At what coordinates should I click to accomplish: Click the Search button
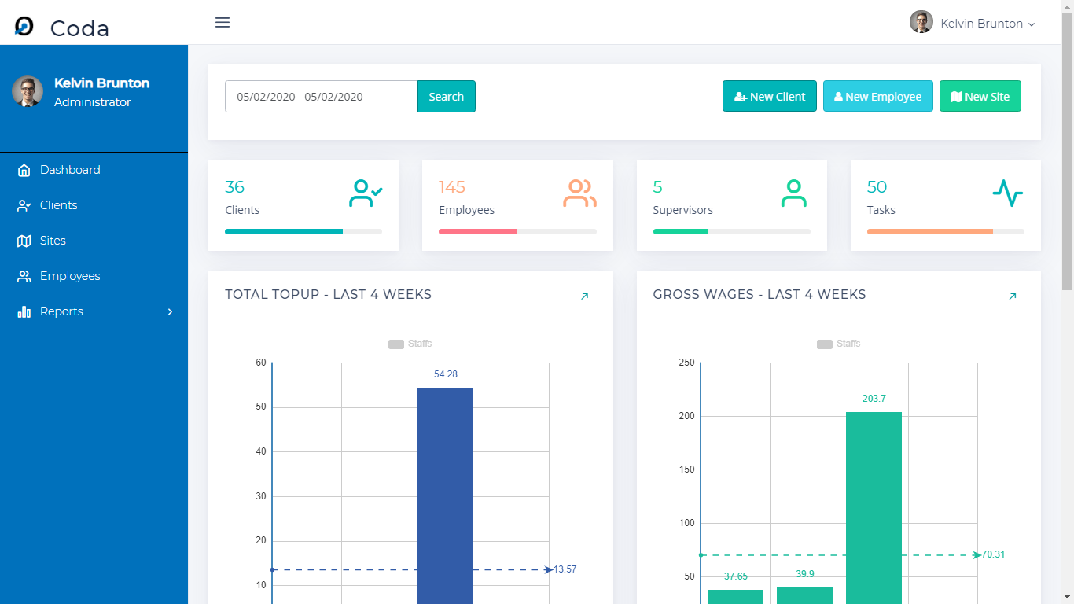(x=446, y=97)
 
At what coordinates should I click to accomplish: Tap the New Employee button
(x=877, y=97)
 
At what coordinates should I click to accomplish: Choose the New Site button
(x=980, y=97)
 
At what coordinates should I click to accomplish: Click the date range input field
(x=321, y=97)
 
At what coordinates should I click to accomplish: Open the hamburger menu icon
(x=223, y=23)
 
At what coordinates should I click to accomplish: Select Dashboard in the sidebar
(x=70, y=170)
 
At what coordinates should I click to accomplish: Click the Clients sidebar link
(x=59, y=205)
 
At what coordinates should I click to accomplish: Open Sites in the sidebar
(x=53, y=241)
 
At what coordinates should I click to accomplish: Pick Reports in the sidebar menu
(x=61, y=311)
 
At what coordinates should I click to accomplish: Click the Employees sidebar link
(x=70, y=276)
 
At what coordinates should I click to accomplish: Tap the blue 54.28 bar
(x=445, y=495)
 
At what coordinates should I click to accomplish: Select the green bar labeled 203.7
(x=874, y=503)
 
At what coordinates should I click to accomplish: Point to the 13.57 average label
(x=565, y=569)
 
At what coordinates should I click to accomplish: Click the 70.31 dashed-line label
(x=994, y=554)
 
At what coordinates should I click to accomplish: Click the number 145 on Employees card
(x=452, y=187)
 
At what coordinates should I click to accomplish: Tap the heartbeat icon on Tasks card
(x=1007, y=193)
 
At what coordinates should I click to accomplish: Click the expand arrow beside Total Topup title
(x=584, y=296)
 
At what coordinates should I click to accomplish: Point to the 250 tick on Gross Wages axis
(x=686, y=363)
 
